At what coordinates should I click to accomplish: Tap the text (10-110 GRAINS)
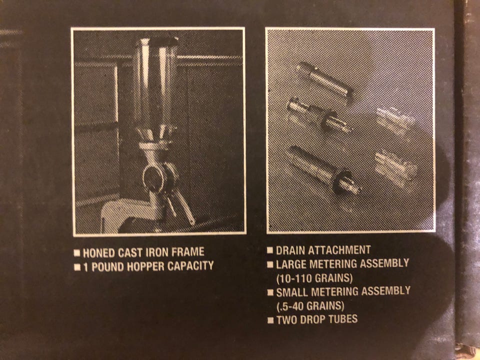click(x=314, y=278)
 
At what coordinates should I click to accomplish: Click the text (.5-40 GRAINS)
click(x=310, y=306)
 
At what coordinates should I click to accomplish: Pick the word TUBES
click(x=344, y=319)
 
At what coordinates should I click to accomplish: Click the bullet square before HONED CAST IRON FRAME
click(x=77, y=253)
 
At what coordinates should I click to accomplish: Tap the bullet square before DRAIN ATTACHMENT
click(x=269, y=250)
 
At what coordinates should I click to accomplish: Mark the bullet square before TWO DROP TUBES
click(x=270, y=320)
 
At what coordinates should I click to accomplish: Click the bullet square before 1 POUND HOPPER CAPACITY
click(x=77, y=267)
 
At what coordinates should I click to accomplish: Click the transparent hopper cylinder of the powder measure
click(x=155, y=82)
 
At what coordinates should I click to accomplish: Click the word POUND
click(x=108, y=267)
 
